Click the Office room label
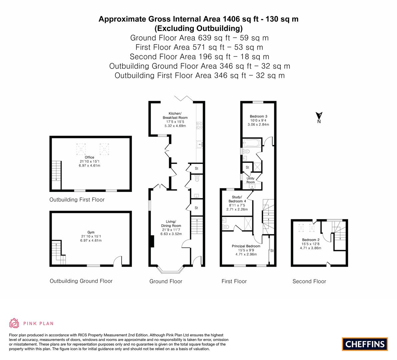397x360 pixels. tap(89, 157)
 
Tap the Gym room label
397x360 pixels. tap(91, 232)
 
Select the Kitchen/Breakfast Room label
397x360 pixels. tap(175, 115)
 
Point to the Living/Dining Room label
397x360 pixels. tap(171, 224)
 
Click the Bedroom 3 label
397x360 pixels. tap(259, 116)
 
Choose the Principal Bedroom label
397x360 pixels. tap(246, 246)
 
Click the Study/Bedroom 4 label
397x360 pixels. tap(237, 199)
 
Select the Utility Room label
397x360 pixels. tap(250, 180)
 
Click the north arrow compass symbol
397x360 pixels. tap(319, 117)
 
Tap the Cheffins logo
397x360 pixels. tap(365, 344)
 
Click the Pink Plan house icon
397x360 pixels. tap(14, 323)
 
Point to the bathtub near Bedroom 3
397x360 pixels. tap(252, 143)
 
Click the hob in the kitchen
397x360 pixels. tap(200, 125)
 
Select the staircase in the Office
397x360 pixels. tap(56, 171)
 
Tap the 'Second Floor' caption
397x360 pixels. tap(309, 281)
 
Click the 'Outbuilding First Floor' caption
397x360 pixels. tap(77, 200)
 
